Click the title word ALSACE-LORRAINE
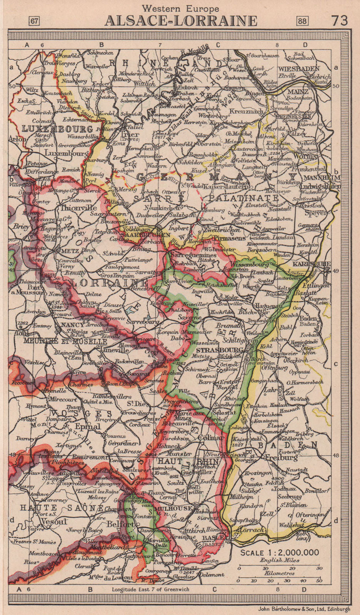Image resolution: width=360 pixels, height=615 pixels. (181, 20)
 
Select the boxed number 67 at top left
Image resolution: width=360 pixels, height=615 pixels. (34, 21)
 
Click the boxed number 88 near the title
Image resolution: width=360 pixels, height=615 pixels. (302, 21)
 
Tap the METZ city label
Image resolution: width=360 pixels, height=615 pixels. (69, 250)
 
